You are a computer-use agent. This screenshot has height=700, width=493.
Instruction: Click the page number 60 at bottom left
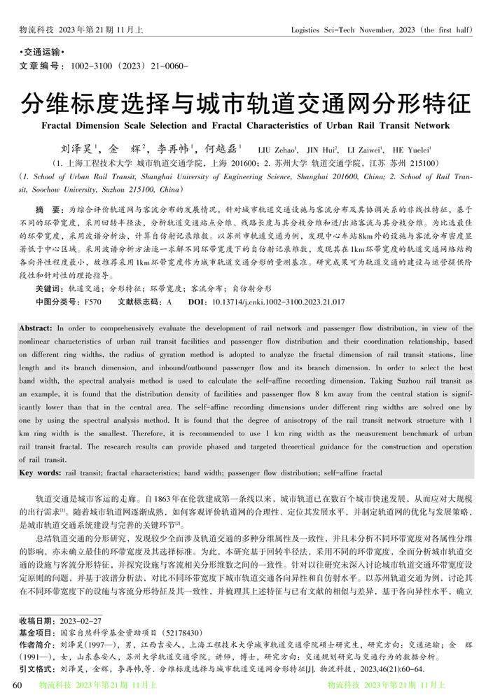pyautogui.click(x=9, y=685)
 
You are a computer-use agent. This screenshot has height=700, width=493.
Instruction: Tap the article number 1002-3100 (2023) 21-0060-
pyautogui.click(x=126, y=66)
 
